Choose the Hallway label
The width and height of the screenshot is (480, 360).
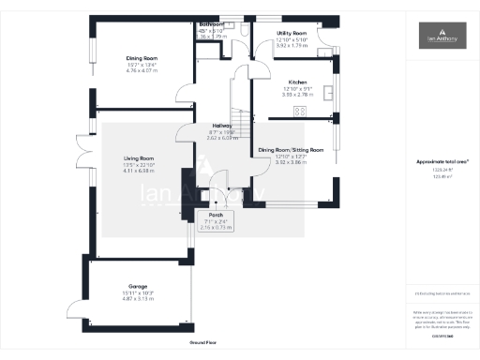pos(222,126)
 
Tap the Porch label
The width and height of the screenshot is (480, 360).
pos(215,215)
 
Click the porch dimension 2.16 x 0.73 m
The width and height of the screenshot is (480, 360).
pos(215,227)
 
